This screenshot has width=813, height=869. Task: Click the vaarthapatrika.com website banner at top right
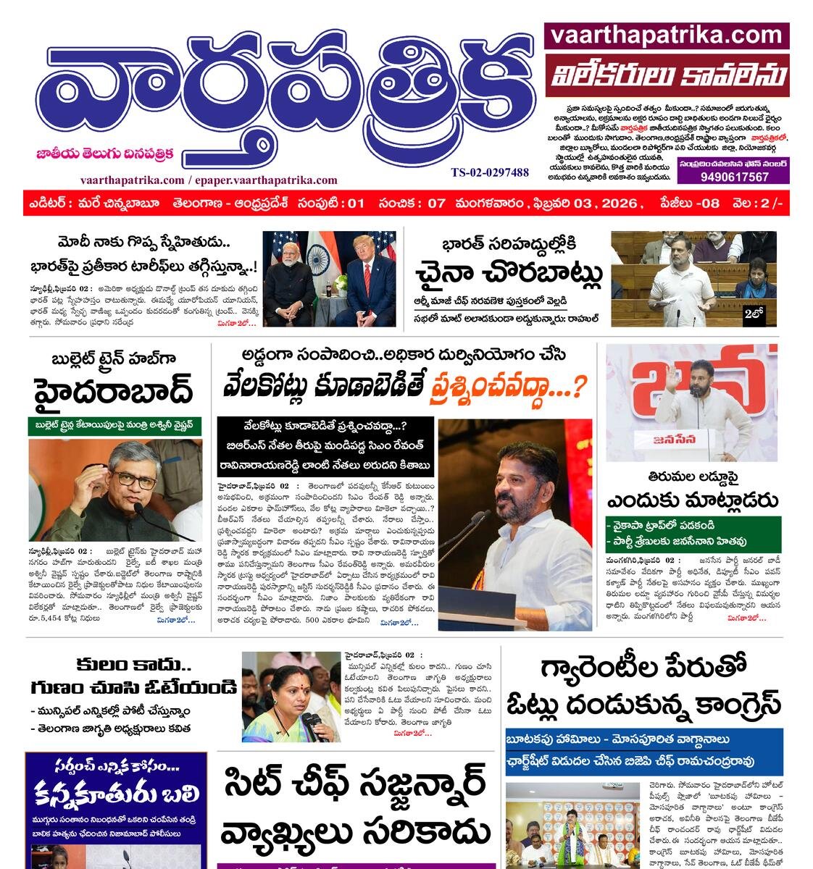[666, 35]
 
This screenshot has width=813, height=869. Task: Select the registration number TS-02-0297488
[490, 172]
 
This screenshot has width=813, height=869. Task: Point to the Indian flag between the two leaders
[317, 258]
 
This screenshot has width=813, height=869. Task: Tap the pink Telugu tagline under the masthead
[105, 154]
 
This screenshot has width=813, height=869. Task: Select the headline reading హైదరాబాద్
[113, 392]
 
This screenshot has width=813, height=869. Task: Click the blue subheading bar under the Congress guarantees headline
[643, 750]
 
